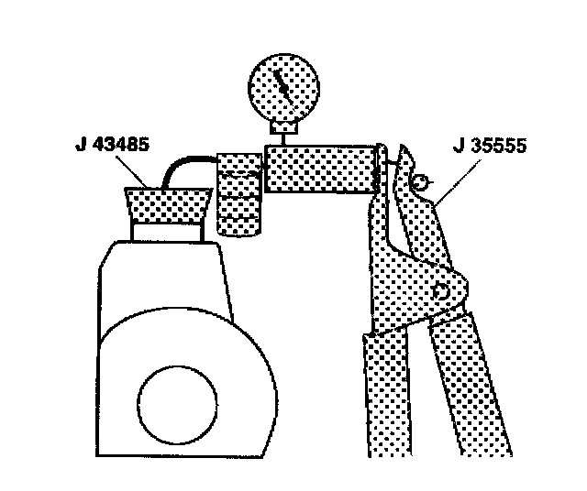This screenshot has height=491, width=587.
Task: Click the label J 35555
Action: tap(490, 145)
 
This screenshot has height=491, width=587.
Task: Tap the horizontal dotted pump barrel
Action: tap(321, 169)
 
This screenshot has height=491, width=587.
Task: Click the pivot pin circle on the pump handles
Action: tap(444, 292)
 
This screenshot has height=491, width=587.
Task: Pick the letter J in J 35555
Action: tap(457, 145)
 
